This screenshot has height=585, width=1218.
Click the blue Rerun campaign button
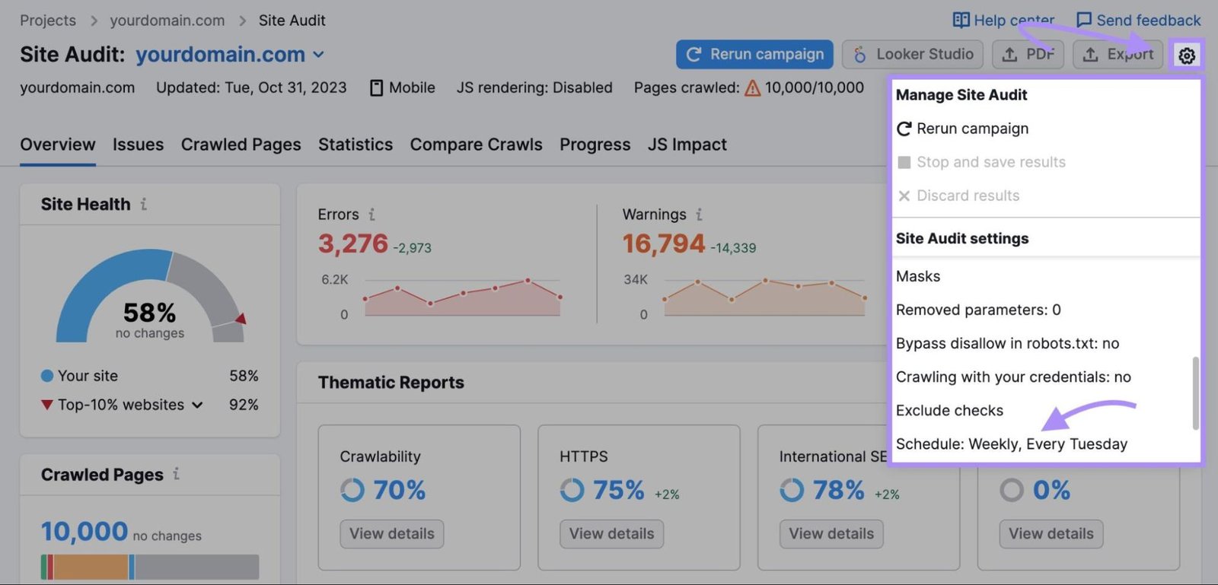754,55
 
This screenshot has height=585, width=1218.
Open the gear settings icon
1186,56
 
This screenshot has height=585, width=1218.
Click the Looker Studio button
913,55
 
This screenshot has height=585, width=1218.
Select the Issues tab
138,145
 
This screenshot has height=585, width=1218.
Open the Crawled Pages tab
241,145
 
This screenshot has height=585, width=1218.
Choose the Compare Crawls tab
476,145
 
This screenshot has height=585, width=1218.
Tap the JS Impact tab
687,145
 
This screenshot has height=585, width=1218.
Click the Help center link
1003,21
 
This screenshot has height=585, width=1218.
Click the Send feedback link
1138,21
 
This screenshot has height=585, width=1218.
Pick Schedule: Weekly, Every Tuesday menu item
1011,444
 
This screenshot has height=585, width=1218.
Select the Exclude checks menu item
949,411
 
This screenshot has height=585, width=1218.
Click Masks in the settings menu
918,277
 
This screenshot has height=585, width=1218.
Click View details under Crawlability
391,534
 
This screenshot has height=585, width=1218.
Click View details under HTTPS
611,534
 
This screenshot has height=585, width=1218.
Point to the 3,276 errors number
352,244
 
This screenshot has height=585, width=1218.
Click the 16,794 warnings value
663,244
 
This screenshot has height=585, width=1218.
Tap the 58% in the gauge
149,313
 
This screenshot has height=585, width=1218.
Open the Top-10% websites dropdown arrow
197,405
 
